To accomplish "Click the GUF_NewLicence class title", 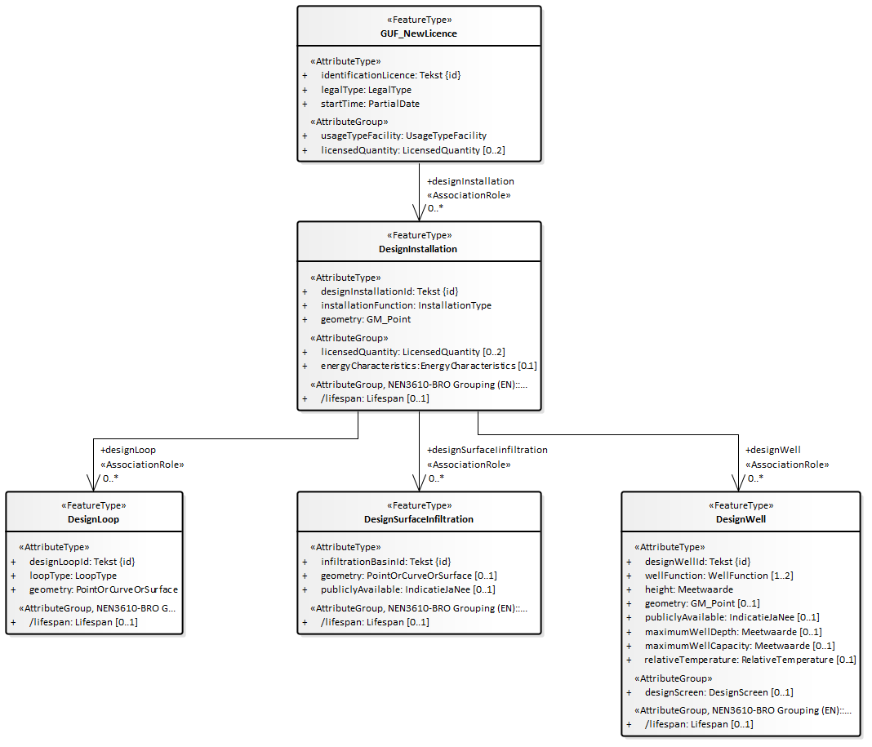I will [418, 33].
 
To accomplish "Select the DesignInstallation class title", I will [418, 249].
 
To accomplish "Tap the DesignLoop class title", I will [94, 519].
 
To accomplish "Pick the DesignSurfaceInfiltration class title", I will [418, 519].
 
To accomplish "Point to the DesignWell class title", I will [741, 519].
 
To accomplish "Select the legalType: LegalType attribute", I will [366, 90].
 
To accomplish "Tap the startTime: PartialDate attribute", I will [370, 104].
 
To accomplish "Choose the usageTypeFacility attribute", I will [403, 136].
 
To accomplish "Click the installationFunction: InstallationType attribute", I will [406, 305].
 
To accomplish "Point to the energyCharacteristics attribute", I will [429, 366].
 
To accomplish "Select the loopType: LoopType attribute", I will [73, 576].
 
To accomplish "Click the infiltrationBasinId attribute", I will [385, 562].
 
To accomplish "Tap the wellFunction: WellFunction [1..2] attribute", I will [719, 576].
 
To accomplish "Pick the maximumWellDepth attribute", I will [732, 632].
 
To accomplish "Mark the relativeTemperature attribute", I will [750, 660].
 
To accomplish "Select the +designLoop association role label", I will [128, 450].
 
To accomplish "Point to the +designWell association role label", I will [773, 450].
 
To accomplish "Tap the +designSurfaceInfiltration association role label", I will [487, 450].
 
